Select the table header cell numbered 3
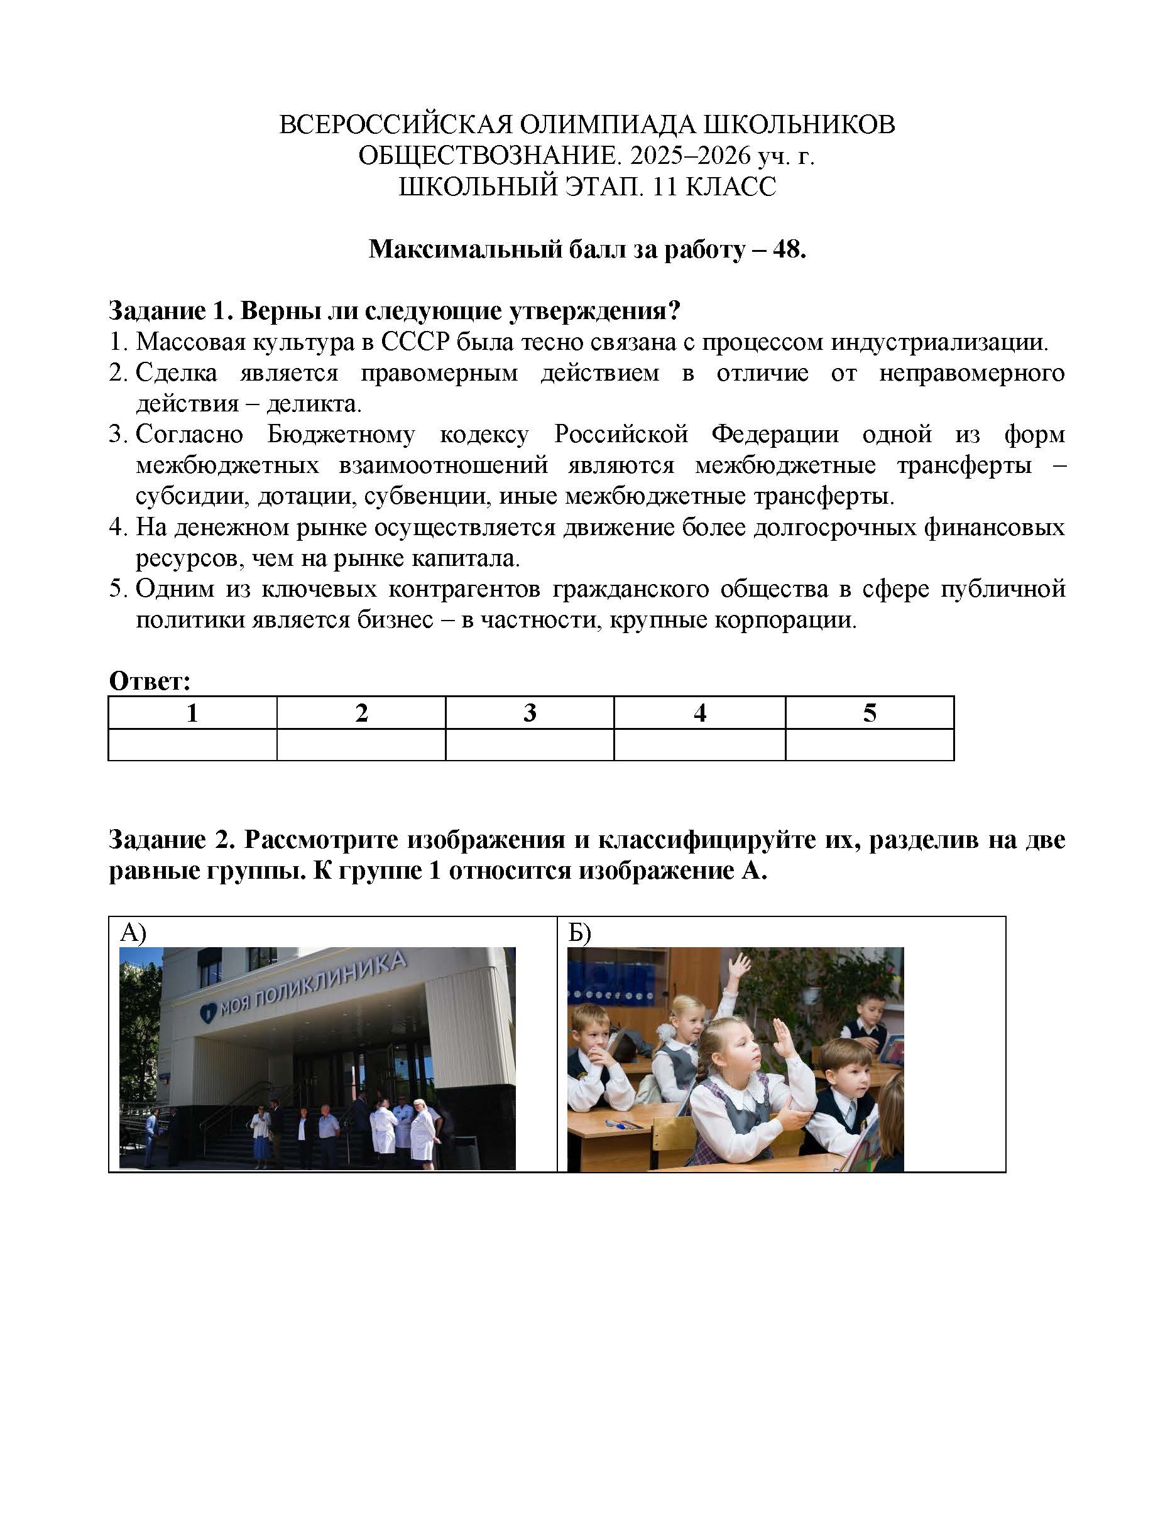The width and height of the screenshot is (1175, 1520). click(x=530, y=713)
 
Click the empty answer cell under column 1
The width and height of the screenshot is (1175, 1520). click(x=192, y=744)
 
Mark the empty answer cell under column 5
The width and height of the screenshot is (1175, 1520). click(x=869, y=744)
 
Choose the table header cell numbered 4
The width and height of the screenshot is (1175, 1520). click(x=699, y=713)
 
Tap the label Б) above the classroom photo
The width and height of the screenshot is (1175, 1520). click(x=579, y=932)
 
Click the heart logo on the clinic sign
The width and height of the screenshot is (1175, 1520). click(x=207, y=1011)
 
